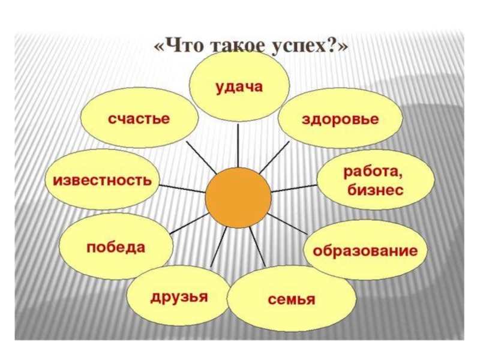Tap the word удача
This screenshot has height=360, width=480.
tap(239, 87)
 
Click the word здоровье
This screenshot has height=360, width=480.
tap(340, 119)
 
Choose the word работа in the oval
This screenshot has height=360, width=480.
tap(372, 173)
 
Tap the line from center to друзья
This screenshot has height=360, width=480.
tap(218, 246)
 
